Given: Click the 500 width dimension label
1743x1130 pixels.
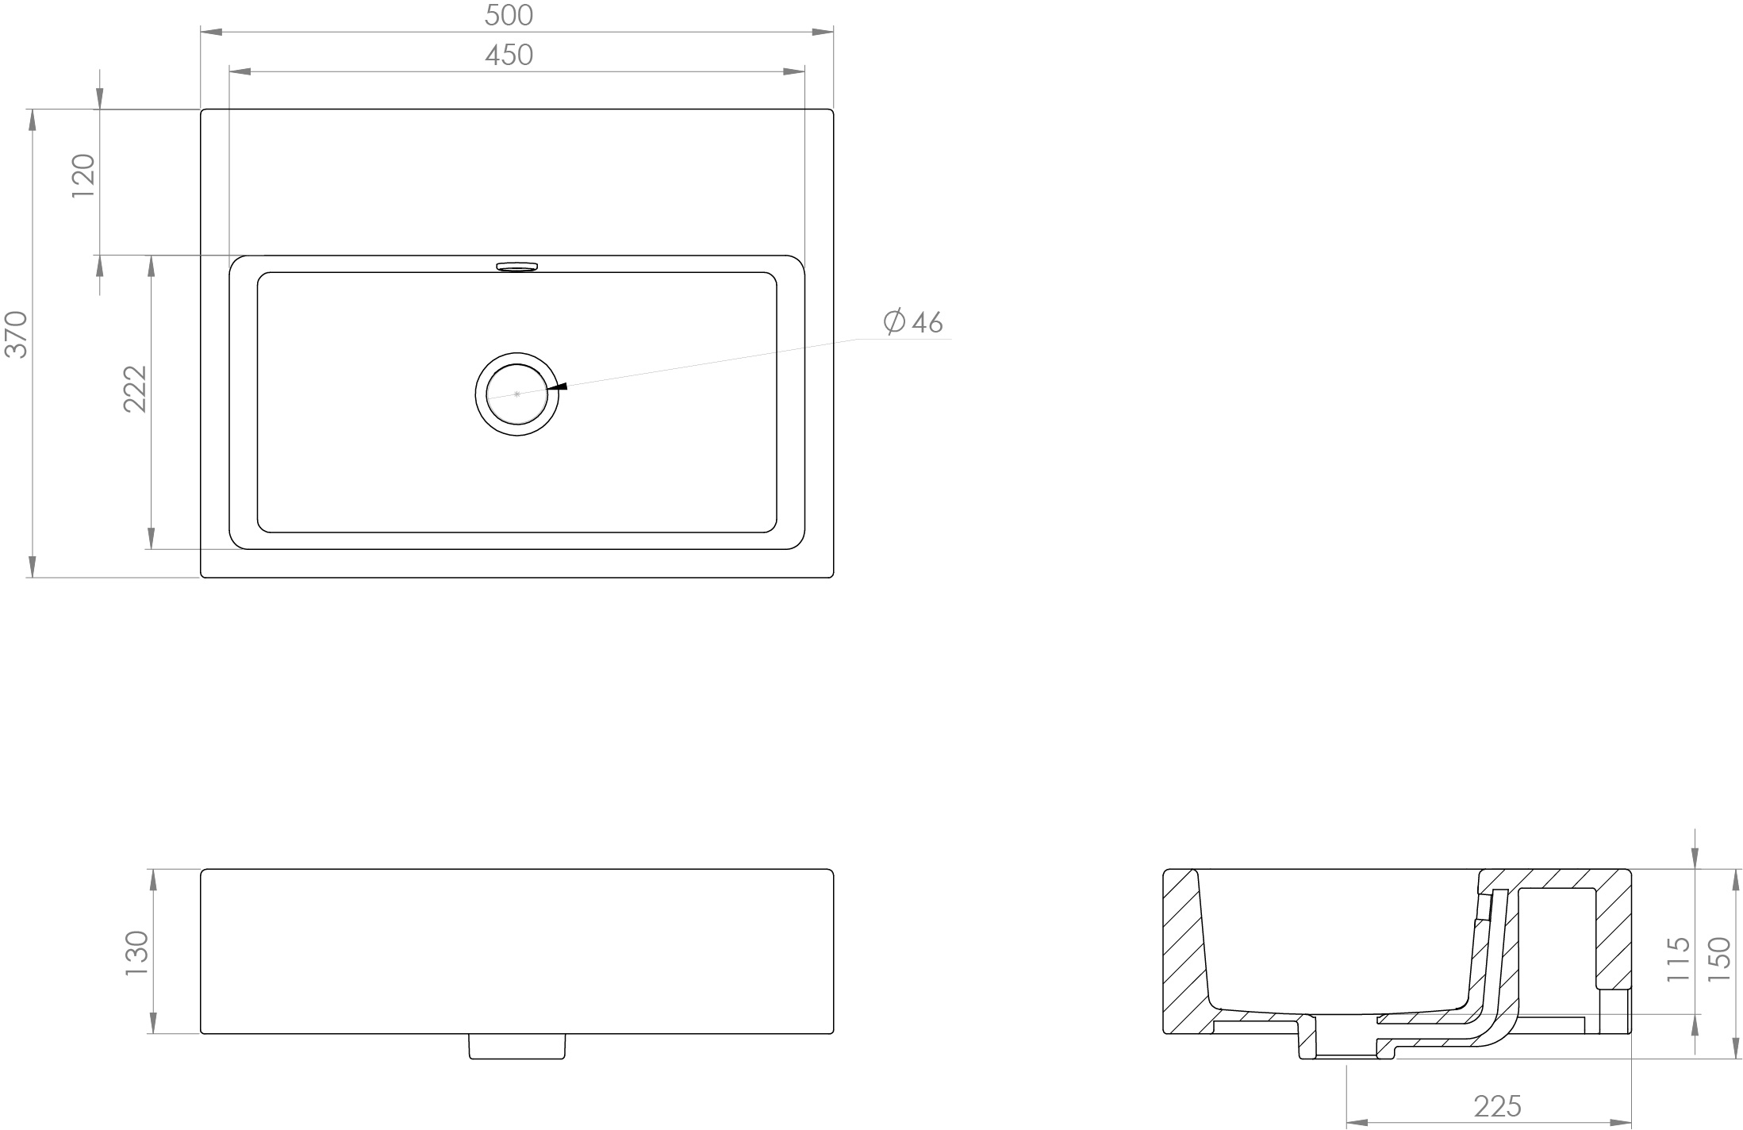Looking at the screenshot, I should coord(509,15).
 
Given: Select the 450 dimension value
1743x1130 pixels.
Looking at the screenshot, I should coord(509,55).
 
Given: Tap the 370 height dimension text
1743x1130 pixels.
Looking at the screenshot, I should coord(17,335).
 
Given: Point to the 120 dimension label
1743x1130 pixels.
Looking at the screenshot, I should coord(83,176).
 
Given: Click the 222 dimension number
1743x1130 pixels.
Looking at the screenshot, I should coord(136,389).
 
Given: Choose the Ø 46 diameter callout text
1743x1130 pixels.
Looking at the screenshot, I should coord(913,322).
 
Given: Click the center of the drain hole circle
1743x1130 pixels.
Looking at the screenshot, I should coord(516,394).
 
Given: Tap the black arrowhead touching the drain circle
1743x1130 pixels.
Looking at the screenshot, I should coord(558,386).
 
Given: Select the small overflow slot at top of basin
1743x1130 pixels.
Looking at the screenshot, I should coord(516,266).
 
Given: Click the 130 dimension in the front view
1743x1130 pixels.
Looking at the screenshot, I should coord(137,952).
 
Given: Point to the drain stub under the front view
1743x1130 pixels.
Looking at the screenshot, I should coord(516,1046).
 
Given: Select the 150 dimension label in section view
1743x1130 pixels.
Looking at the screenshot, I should coord(1718,959).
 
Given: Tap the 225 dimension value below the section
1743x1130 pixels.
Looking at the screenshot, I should coord(1497,1105).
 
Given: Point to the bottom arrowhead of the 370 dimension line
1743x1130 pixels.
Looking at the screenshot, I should coord(32,567).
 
